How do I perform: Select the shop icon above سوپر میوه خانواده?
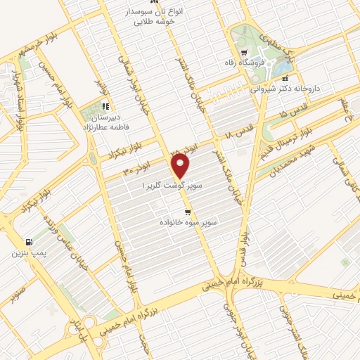[187, 212]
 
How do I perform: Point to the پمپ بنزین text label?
[25, 252]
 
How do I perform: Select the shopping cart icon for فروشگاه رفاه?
[243, 53]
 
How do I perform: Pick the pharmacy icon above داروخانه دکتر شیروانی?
[284, 79]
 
